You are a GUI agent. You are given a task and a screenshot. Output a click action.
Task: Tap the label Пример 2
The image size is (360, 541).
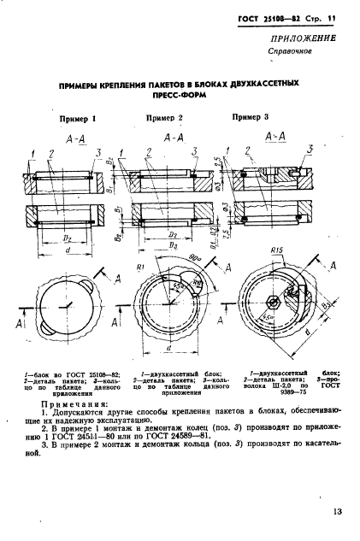pos(164,117)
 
